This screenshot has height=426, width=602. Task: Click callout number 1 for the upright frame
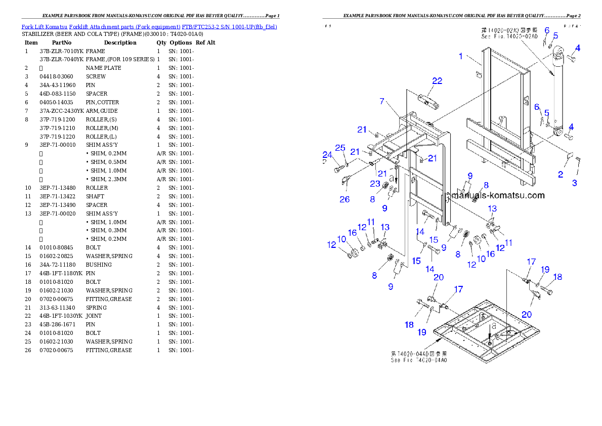point(461,56)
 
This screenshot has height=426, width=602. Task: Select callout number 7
point(382,101)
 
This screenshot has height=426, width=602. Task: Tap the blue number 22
point(437,81)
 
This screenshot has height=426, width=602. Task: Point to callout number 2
point(561,175)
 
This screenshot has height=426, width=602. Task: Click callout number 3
point(575,183)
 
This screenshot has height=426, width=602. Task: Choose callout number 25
point(340,148)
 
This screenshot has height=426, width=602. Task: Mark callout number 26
point(345,199)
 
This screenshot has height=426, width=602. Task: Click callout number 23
point(374,184)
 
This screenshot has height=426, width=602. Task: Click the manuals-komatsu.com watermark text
point(498,195)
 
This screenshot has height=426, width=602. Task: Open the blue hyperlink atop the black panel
point(149,26)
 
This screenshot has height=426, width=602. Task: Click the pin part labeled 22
point(428,103)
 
